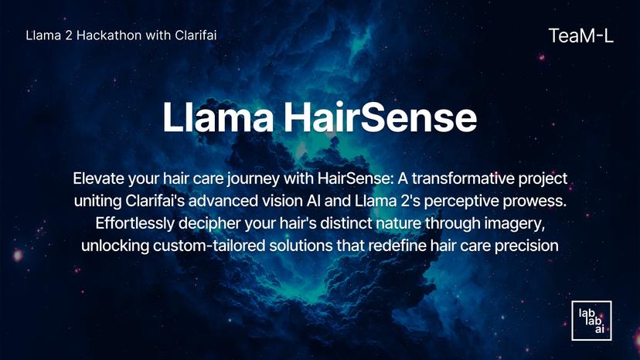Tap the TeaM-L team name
point(580,35)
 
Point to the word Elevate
point(99,178)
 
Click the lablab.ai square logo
point(586,321)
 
